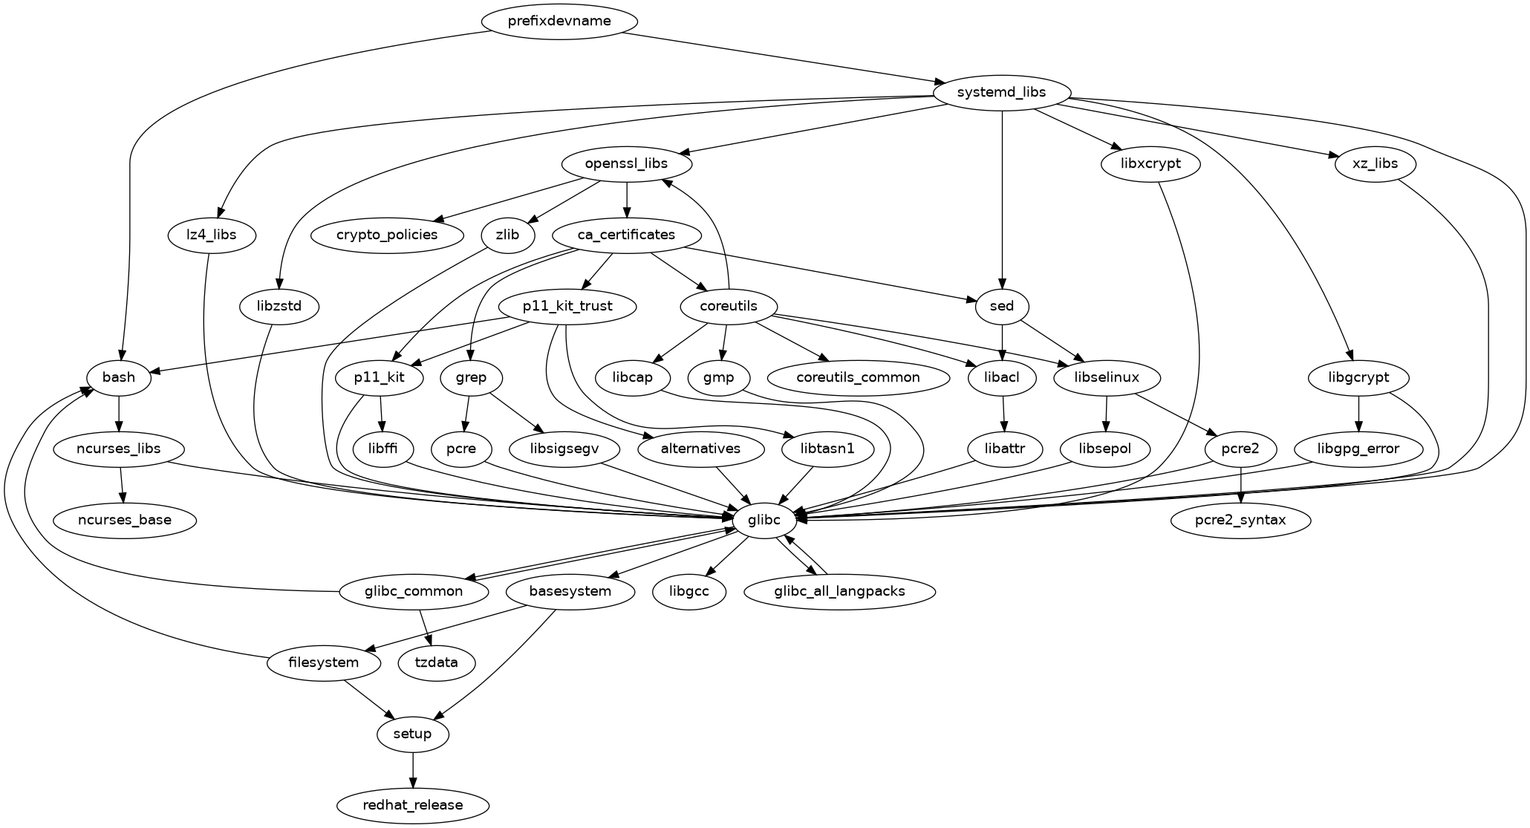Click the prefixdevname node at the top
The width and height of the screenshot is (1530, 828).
559,21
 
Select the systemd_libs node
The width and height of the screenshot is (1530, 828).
1002,93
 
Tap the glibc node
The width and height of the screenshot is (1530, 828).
765,520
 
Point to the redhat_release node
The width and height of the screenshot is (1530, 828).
413,805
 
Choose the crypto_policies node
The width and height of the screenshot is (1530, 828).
387,235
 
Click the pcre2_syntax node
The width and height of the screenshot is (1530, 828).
1241,520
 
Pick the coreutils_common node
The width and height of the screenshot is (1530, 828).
858,377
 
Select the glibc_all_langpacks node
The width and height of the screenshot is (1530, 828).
839,591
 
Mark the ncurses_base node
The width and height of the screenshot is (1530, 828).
125,520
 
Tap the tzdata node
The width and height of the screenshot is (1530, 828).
437,662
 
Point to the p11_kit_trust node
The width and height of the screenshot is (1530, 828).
567,306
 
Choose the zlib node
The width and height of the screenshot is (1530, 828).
508,235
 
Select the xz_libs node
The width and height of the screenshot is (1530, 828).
1375,164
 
